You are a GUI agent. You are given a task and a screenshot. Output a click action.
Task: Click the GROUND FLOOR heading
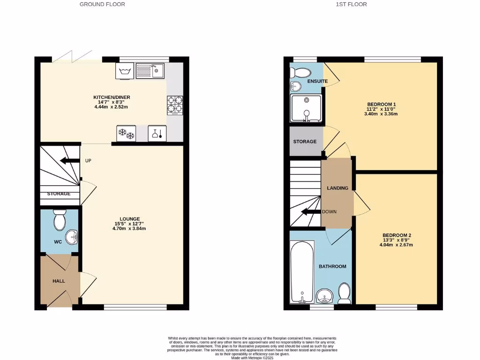[102, 4]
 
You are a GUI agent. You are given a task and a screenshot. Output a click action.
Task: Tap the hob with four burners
[175, 105]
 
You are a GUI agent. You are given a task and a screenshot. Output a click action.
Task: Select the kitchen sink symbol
[150, 71]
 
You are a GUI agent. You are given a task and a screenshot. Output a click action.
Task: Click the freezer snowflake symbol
[126, 134]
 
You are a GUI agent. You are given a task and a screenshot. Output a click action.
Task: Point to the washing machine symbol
[125, 71]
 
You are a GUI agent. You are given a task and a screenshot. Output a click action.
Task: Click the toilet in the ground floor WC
[60, 220]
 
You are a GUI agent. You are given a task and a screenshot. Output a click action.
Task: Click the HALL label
[59, 281]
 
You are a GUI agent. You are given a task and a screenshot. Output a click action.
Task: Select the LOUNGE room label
[130, 218]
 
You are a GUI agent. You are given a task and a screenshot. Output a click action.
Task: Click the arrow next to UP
[69, 161]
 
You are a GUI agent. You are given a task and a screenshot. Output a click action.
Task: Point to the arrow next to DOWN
[310, 212]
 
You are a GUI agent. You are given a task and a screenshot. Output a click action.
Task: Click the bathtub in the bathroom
[302, 272]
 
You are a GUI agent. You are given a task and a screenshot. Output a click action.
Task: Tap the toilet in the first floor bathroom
[344, 292]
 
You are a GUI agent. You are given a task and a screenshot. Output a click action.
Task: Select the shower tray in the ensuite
[306, 109]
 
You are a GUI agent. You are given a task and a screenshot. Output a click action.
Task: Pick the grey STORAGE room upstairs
[305, 141]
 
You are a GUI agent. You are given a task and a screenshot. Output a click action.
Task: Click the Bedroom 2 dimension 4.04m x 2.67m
[397, 245]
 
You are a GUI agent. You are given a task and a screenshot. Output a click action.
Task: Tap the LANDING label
[337, 188]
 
